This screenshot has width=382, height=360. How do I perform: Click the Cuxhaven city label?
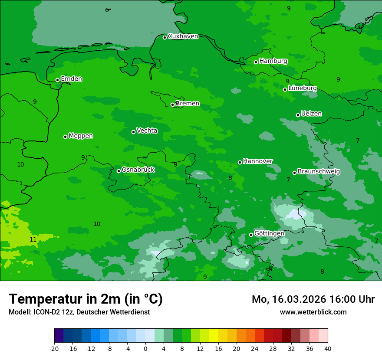[183, 36]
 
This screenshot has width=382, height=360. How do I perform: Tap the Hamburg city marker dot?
[256, 62]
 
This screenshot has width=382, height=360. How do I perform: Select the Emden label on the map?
[71, 79]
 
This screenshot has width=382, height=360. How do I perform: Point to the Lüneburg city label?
[302, 88]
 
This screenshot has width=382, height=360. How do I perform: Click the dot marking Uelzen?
[298, 115]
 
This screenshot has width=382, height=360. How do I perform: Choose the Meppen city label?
[81, 136]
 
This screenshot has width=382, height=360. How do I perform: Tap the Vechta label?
[147, 131]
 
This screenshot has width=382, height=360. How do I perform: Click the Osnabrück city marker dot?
[119, 171]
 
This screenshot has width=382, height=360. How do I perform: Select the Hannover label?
[257, 161]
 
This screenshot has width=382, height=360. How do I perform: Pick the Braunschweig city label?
[319, 172]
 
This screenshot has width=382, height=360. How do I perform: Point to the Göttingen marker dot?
[251, 235]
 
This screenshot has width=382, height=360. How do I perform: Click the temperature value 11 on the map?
[33, 239]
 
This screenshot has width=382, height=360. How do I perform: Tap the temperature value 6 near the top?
[107, 10]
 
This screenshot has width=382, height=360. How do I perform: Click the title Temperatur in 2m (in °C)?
[86, 299]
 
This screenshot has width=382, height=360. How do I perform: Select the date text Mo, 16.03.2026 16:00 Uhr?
[313, 299]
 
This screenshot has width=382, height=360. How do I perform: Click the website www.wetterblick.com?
[313, 312]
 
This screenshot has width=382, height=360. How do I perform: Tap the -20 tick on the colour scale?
[54, 348]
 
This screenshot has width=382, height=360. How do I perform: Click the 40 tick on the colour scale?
[328, 348]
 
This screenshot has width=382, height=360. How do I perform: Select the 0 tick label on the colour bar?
[145, 348]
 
